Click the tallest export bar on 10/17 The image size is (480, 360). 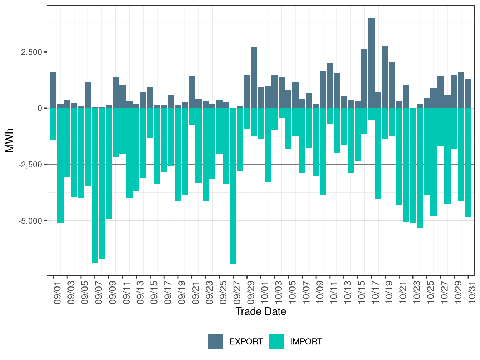(371, 63)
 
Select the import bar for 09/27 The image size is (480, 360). (233, 186)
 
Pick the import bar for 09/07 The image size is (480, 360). (95, 185)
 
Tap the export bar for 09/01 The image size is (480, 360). (54, 90)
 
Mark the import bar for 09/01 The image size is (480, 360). (54, 124)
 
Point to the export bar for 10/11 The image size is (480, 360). (330, 86)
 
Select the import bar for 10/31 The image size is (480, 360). (468, 162)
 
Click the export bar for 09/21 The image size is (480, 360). (192, 92)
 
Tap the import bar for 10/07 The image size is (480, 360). (302, 141)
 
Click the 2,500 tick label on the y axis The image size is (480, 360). (32, 52)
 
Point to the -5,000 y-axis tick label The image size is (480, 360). (30, 221)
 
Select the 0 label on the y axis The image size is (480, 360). (40, 108)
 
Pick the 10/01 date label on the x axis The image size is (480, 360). (265, 294)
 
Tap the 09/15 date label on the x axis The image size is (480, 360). (154, 294)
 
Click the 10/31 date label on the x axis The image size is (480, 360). (472, 294)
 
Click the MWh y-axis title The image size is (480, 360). (10, 140)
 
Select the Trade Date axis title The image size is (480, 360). (261, 311)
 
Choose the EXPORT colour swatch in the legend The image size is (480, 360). (216, 341)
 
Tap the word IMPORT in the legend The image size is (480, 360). (306, 342)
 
